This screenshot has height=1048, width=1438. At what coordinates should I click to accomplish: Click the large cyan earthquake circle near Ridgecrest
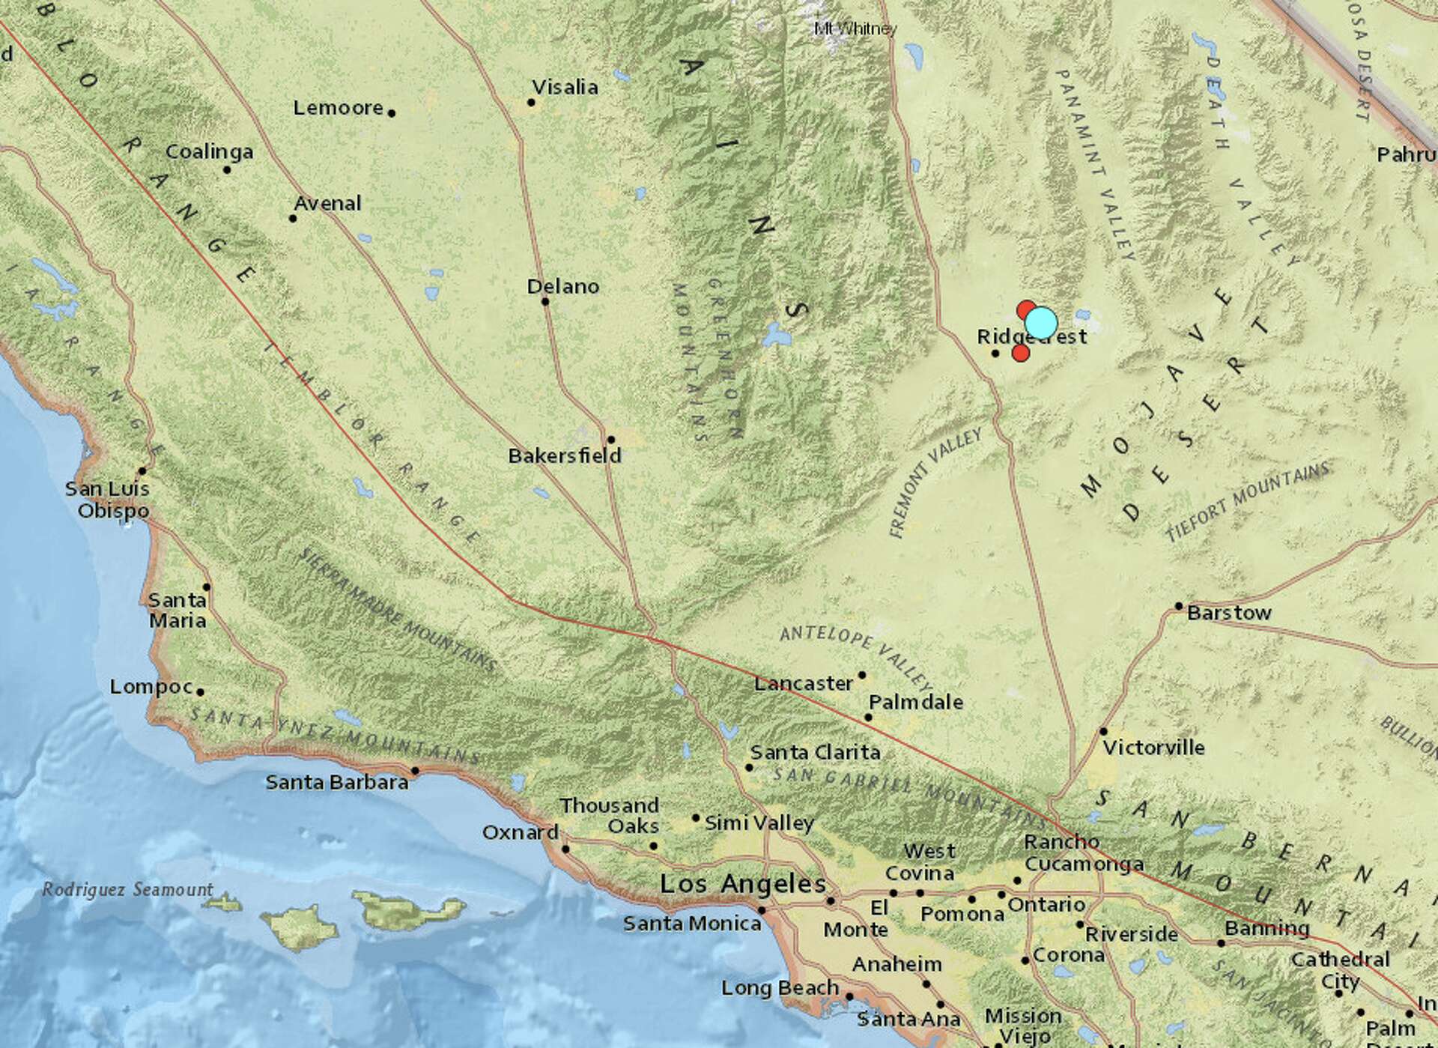pos(1041,323)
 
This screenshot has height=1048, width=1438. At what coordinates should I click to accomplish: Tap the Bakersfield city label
pos(565,455)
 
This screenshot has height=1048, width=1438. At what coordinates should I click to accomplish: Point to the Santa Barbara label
pos(337,782)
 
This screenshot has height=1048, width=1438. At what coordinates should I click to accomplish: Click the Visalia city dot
pos(532,102)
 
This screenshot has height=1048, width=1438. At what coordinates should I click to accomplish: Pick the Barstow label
pos(1229,613)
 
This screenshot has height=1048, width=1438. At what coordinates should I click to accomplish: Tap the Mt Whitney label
pos(855,28)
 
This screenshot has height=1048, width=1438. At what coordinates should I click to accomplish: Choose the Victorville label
pos(1154,747)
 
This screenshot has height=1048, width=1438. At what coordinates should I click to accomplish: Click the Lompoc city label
pos(151,686)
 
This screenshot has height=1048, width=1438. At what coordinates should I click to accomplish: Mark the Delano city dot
pos(545,302)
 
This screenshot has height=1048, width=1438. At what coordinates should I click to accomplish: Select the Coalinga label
pos(209,152)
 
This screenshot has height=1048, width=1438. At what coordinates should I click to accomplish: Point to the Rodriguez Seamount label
pos(127,890)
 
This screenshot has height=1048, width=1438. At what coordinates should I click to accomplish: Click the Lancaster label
pos(804,683)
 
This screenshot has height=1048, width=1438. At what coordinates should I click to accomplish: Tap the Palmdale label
pos(915,703)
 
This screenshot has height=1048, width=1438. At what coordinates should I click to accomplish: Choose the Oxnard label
pos(520,832)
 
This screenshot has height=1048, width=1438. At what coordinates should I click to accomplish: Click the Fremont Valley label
pos(935,483)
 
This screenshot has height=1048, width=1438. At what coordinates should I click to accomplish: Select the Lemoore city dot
pos(392,113)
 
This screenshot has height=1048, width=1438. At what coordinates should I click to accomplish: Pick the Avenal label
pos(327,203)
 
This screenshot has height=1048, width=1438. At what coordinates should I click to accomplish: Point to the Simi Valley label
pos(759,823)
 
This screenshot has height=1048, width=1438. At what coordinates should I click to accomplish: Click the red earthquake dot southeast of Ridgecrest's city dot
pos(1020,353)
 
